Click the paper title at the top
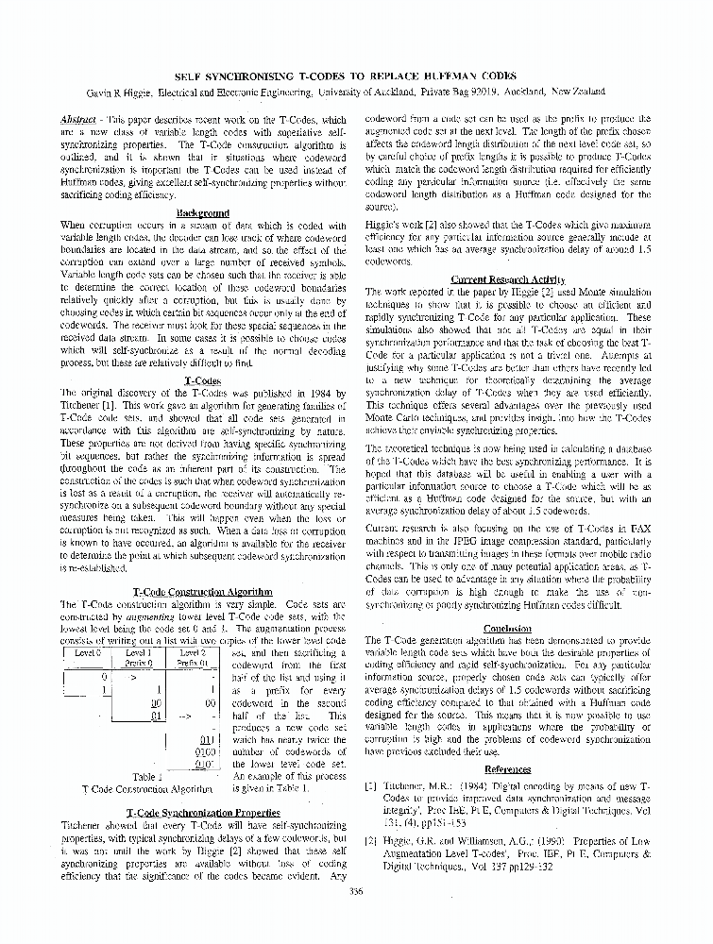pyautogui.click(x=356, y=76)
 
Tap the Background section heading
pyautogui.click(x=203, y=213)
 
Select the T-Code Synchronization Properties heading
pyautogui.click(x=202, y=812)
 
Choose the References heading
pyautogui.click(x=507, y=769)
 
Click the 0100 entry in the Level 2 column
pyautogui.click(x=207, y=751)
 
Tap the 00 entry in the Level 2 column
pyautogui.click(x=210, y=703)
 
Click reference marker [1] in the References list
pyautogui.click(x=371, y=785)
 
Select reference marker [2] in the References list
pyautogui.click(x=371, y=837)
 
